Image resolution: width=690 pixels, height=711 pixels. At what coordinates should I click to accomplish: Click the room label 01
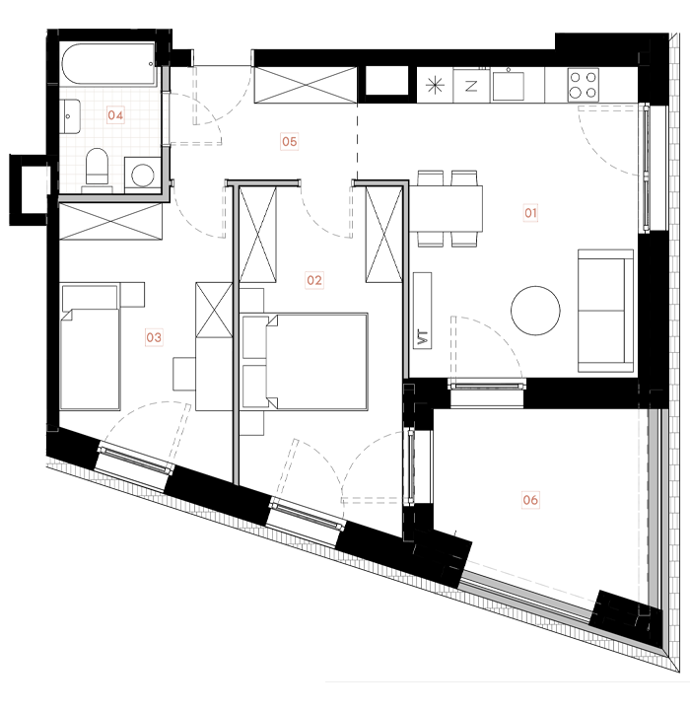pyautogui.click(x=529, y=212)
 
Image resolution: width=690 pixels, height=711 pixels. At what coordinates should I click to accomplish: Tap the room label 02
pyautogui.click(x=314, y=281)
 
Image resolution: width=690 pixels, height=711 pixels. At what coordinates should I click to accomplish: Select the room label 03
pyautogui.click(x=154, y=337)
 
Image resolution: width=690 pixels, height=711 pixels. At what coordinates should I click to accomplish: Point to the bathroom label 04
pyautogui.click(x=116, y=115)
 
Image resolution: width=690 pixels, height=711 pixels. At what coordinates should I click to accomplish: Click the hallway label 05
pyautogui.click(x=289, y=142)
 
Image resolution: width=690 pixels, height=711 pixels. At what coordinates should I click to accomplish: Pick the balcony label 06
pyautogui.click(x=530, y=500)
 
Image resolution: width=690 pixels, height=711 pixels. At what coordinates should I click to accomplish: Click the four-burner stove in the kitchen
pyautogui.click(x=583, y=84)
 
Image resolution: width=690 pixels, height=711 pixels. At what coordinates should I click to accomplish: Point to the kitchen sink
pyautogui.click(x=510, y=85)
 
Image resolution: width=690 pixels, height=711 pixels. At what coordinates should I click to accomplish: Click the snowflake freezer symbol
pyautogui.click(x=434, y=85)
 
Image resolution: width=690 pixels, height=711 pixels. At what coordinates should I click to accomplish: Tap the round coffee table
pyautogui.click(x=535, y=310)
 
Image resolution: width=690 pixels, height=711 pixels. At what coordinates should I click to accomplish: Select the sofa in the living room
pyautogui.click(x=605, y=310)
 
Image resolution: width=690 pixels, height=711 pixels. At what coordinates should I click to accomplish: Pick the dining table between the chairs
pyautogui.click(x=447, y=208)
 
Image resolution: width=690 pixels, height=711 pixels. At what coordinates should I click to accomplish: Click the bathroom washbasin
pyautogui.click(x=71, y=116)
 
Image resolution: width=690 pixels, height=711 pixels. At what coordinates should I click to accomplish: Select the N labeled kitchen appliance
pyautogui.click(x=471, y=85)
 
